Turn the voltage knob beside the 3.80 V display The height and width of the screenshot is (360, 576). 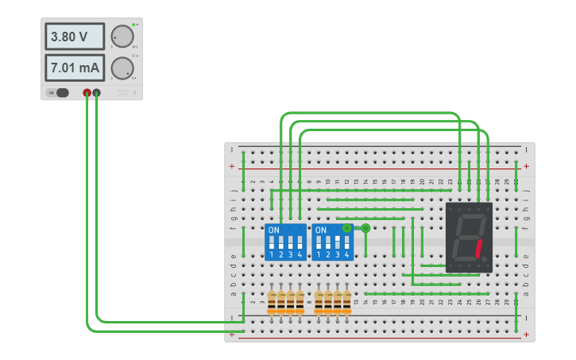[x=122, y=37]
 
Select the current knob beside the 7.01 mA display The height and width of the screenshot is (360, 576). [x=122, y=68]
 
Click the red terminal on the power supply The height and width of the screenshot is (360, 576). [x=87, y=93]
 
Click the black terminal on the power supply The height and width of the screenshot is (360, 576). [x=97, y=93]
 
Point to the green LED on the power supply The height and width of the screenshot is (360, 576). [x=133, y=25]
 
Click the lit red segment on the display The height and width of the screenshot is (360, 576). [x=479, y=250]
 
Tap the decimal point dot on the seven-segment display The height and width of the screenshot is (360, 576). [x=485, y=263]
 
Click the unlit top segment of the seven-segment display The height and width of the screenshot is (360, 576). [x=470, y=215]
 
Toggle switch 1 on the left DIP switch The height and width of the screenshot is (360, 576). [x=272, y=241]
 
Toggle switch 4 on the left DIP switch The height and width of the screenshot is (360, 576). [x=300, y=241]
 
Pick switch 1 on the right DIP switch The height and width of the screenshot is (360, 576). [x=319, y=241]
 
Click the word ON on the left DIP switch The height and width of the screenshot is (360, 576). [x=274, y=230]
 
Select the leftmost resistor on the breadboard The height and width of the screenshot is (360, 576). [x=272, y=302]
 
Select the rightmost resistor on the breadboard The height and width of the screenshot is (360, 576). [x=346, y=302]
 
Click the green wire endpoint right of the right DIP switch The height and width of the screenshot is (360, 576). [x=365, y=229]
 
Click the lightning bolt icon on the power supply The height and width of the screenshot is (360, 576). [x=134, y=93]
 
